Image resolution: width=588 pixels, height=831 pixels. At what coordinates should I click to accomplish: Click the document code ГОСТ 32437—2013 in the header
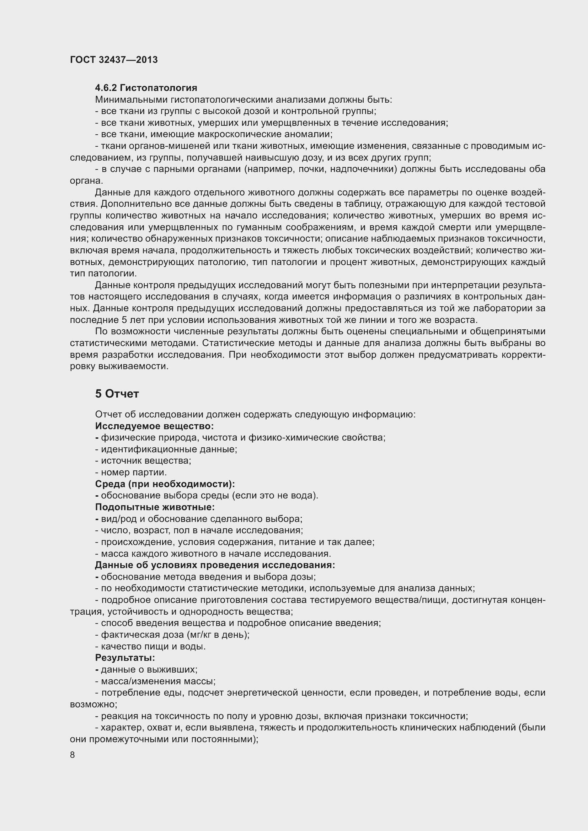[114, 60]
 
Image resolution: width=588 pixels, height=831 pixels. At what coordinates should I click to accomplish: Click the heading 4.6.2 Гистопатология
[146, 88]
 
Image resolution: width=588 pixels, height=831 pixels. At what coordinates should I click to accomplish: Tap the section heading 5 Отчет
[117, 394]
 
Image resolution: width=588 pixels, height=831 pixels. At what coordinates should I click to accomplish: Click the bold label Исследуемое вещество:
[154, 426]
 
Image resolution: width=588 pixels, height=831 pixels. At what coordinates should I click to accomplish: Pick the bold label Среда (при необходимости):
[165, 484]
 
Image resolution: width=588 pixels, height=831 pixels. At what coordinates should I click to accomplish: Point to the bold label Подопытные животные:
[155, 507]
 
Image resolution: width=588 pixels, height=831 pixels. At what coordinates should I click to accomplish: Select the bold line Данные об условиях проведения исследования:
[215, 565]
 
